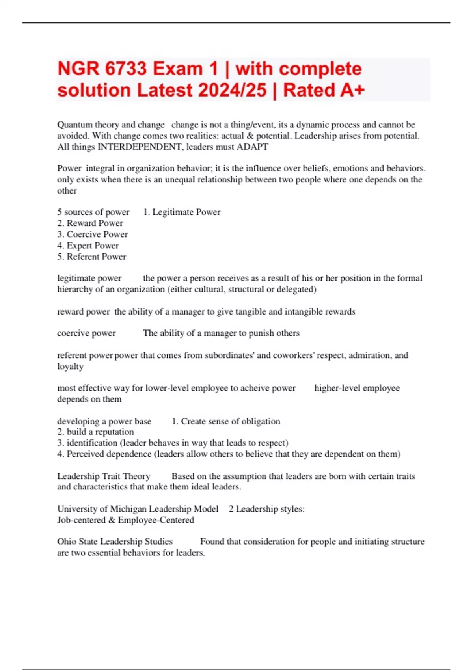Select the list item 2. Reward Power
90,223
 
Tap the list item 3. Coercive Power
93,234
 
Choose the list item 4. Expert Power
88,245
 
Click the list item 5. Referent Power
92,257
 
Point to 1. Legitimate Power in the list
182,212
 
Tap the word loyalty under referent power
70,367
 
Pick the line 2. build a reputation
95,432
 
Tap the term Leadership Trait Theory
104,476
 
